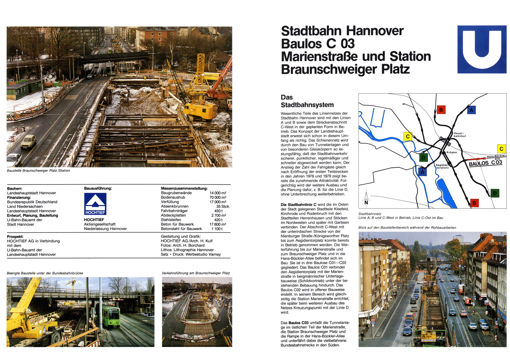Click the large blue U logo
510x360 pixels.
coord(482,49)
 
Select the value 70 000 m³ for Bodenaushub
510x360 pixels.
coord(217,197)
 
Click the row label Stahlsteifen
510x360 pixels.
coord(171,220)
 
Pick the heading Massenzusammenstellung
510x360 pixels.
coord(184,188)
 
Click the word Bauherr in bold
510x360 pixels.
coord(14,189)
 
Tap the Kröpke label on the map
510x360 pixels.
coord(451,152)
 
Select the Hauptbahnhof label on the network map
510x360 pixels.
coord(459,135)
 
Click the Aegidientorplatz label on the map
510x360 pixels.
coord(442,166)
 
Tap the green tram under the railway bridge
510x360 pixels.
coord(111,316)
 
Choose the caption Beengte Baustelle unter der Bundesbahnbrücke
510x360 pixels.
coord(45,273)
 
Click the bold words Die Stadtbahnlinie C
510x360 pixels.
coord(298,205)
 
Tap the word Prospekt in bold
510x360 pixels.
coord(15,237)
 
